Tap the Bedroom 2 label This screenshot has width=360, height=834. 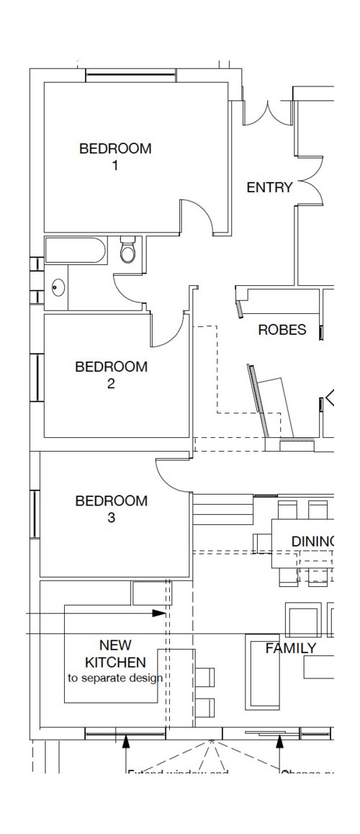pyautogui.click(x=111, y=375)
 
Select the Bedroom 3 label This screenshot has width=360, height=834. pyautogui.click(x=111, y=508)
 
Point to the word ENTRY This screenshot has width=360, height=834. pyautogui.click(x=269, y=188)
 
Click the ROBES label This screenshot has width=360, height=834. pyautogui.click(x=282, y=331)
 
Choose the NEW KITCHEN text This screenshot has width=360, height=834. pyautogui.click(x=115, y=653)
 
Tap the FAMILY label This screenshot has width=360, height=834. pyautogui.click(x=291, y=648)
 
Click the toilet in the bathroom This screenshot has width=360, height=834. pyautogui.click(x=128, y=250)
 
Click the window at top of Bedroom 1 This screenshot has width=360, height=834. pyautogui.click(x=130, y=73)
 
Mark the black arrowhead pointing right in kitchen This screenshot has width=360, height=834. pyautogui.click(x=159, y=614)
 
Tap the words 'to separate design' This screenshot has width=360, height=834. pyautogui.click(x=115, y=678)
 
